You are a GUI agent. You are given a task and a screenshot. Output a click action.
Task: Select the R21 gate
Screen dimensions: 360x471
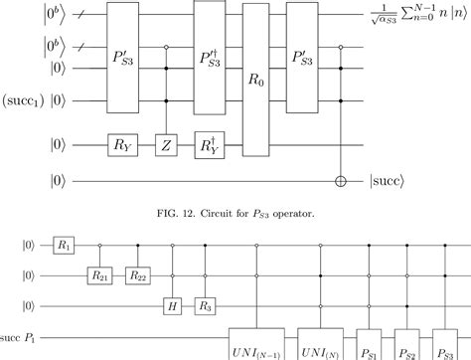tap(99, 270)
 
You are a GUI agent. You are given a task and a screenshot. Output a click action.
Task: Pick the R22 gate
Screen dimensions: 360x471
tap(138, 270)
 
